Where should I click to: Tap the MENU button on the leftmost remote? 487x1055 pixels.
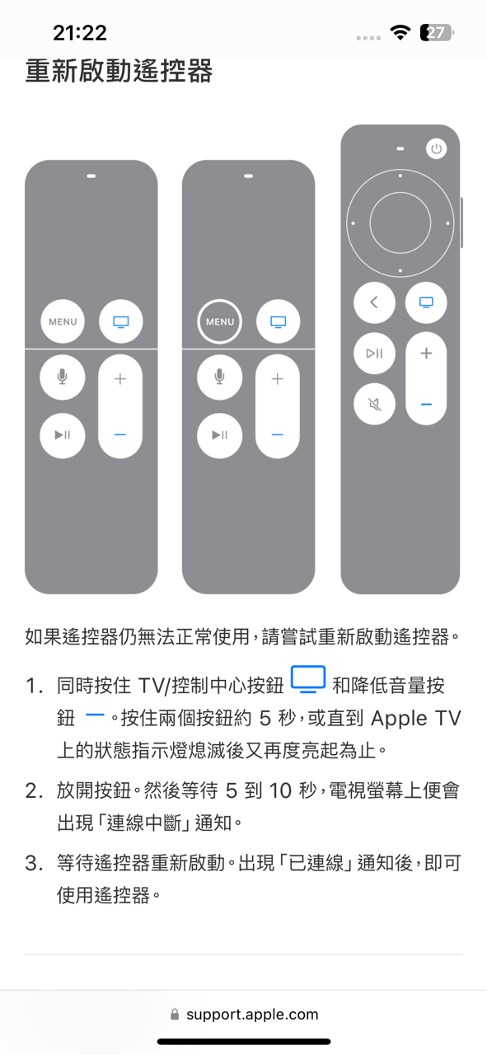click(63, 321)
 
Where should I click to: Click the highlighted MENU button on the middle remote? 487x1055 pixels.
click(220, 321)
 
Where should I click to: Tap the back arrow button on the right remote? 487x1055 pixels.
click(374, 302)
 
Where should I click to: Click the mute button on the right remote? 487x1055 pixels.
click(374, 404)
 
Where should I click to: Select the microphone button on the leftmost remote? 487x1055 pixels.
click(62, 377)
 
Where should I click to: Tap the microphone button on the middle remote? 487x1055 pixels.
click(219, 377)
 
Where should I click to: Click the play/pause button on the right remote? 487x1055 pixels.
click(374, 354)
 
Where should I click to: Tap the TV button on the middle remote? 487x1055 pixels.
click(278, 321)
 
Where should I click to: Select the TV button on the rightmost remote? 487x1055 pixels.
click(426, 302)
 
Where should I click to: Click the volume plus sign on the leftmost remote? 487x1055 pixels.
click(120, 378)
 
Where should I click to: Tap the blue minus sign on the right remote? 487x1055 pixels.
click(426, 405)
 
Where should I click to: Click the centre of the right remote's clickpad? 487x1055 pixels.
click(400, 223)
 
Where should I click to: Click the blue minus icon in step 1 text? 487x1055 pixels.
click(95, 715)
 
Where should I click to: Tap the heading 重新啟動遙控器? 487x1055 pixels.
click(119, 71)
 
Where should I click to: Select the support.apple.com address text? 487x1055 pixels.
click(252, 1014)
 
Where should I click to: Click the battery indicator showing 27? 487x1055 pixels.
click(437, 32)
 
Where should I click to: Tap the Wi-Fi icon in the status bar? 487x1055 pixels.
click(400, 32)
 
